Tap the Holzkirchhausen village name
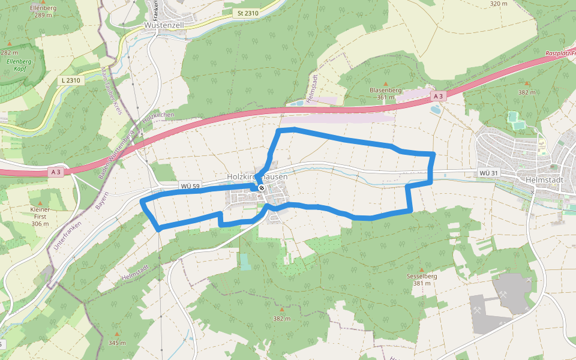pos(257,177)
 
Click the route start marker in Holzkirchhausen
pos(262,188)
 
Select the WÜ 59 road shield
pos(190,186)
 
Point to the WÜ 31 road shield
pos(489,173)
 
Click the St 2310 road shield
pos(248,12)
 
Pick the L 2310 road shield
pos(70,80)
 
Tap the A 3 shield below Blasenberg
pos(439,96)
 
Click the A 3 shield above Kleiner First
pos(56,172)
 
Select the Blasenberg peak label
pos(385,90)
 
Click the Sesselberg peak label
pos(420,277)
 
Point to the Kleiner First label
pos(40,212)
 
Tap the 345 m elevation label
pos(117,343)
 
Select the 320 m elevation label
pos(499,4)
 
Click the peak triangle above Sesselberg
pos(421,269)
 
